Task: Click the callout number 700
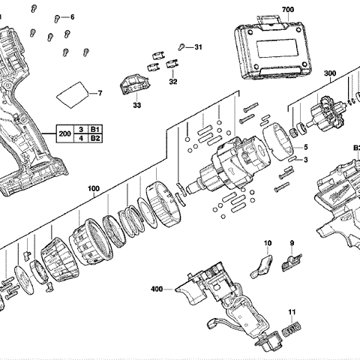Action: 288,10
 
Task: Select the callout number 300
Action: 330,73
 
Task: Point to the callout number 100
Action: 94,188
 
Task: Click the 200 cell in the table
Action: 64,133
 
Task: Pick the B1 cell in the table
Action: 95,130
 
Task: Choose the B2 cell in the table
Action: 95,138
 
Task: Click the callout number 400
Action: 157,289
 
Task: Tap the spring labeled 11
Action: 292,330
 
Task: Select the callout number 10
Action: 267,243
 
